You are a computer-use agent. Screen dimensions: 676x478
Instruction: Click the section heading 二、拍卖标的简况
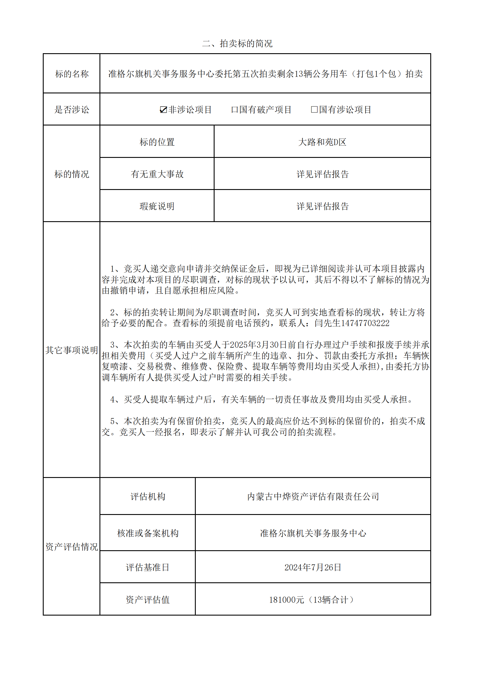pyautogui.click(x=237, y=44)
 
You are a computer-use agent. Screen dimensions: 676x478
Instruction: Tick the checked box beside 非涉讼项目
pyautogui.click(x=163, y=110)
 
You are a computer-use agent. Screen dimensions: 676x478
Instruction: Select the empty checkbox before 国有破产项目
pyautogui.click(x=235, y=110)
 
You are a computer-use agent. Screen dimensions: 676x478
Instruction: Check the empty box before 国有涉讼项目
pyautogui.click(x=314, y=110)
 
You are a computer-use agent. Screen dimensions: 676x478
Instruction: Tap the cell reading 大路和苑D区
pyautogui.click(x=322, y=142)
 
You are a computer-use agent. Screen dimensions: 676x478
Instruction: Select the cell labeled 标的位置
pyautogui.click(x=157, y=142)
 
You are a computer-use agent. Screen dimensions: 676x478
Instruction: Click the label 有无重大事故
pyautogui.click(x=157, y=174)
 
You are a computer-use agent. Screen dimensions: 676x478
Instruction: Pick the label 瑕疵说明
pyautogui.click(x=157, y=206)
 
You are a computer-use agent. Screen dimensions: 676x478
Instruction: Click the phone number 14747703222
pyautogui.click(x=365, y=323)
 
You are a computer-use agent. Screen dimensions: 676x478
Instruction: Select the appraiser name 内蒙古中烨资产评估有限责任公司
pyautogui.click(x=313, y=497)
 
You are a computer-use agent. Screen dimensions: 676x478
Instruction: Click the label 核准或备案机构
pyautogui.click(x=148, y=533)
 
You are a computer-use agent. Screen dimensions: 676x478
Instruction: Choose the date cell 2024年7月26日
pyautogui.click(x=313, y=567)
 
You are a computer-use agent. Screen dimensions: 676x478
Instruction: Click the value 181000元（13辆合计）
pyautogui.click(x=313, y=600)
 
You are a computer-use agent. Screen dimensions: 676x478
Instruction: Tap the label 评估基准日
pyautogui.click(x=148, y=567)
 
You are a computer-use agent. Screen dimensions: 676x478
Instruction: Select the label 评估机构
pyautogui.click(x=148, y=497)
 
